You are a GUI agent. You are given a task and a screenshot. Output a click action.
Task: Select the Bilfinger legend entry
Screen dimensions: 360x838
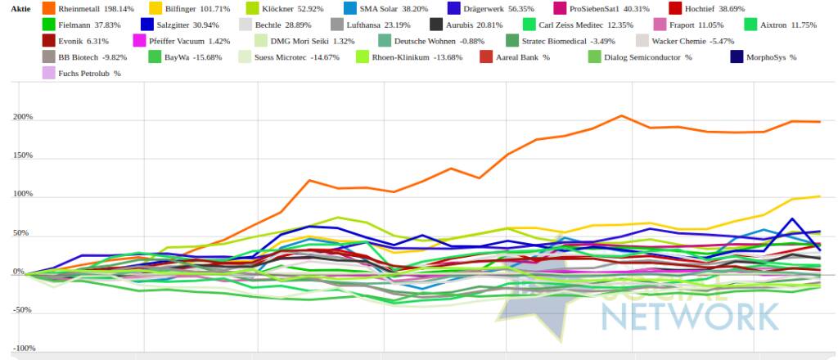pyautogui.click(x=194, y=8)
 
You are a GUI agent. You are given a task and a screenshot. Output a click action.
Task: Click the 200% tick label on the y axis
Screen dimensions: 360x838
pyautogui.click(x=22, y=117)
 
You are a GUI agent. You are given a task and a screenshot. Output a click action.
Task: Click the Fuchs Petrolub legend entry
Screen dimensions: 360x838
pyautogui.click(x=89, y=74)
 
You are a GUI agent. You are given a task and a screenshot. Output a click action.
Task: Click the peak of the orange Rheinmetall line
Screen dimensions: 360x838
pyautogui.click(x=621, y=115)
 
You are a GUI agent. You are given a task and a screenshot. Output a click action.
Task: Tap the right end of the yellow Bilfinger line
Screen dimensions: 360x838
pyautogui.click(x=820, y=196)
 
